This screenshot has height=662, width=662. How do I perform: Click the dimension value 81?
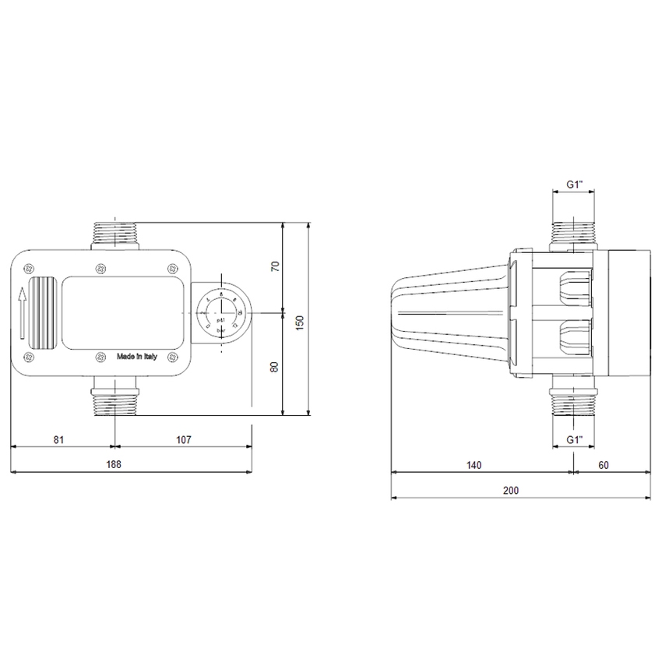[58, 439]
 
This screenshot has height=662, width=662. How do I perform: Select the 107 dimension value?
[183, 439]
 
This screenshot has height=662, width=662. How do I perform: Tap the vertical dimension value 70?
[273, 266]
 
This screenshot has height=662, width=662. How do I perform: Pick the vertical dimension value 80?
[273, 366]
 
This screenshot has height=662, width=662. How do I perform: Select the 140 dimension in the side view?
[474, 465]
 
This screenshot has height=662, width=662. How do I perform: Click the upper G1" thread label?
[574, 185]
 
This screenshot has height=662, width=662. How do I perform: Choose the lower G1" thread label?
[574, 440]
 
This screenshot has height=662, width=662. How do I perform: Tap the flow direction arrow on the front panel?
[23, 311]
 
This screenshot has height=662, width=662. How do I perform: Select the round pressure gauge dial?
[220, 313]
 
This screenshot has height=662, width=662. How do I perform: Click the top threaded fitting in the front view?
[114, 234]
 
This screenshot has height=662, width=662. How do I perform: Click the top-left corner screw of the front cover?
[29, 268]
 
